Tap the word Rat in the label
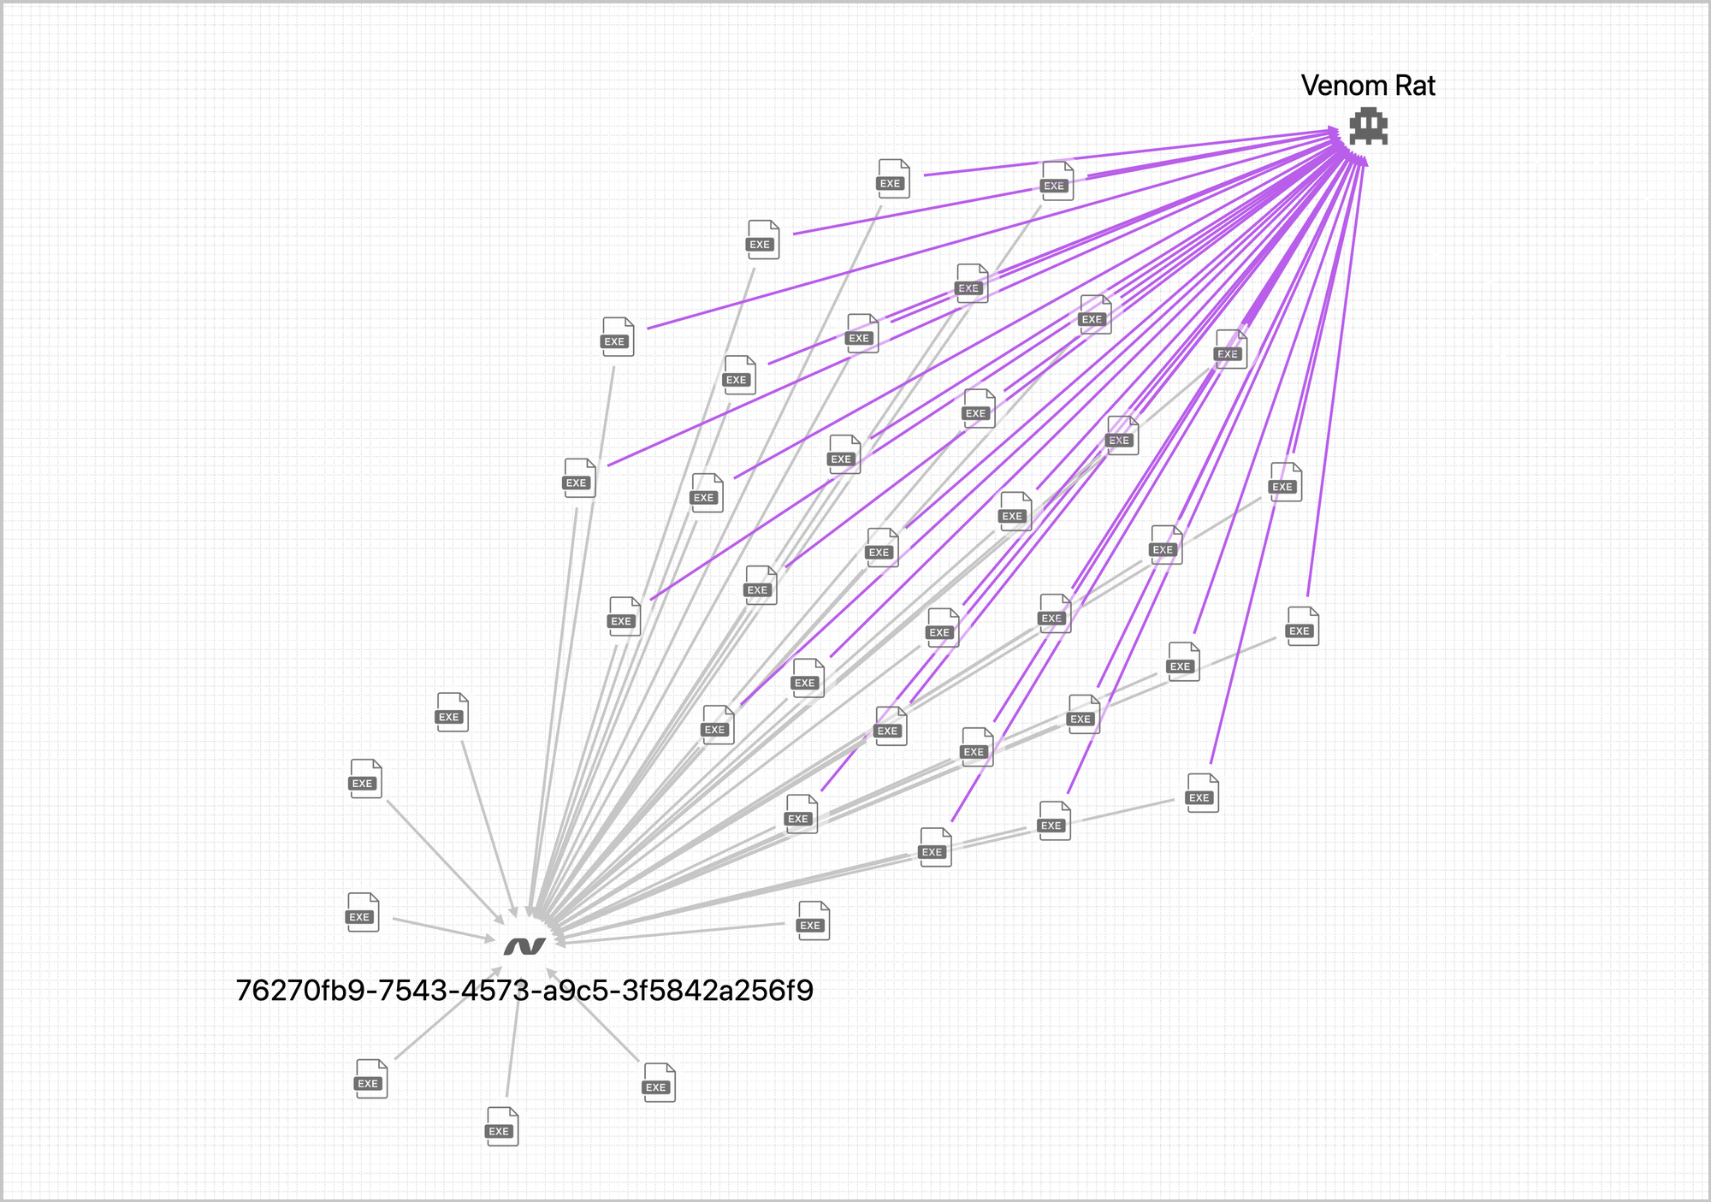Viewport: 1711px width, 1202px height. tap(1415, 86)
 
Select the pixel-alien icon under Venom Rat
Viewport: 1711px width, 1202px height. tap(1368, 126)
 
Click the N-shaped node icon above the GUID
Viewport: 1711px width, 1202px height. tap(524, 945)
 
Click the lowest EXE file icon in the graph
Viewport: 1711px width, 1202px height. tap(502, 1126)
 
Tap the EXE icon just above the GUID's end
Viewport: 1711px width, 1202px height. tap(813, 921)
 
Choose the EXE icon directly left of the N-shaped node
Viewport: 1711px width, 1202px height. tap(363, 912)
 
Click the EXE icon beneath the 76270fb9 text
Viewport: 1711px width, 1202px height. tap(371, 1078)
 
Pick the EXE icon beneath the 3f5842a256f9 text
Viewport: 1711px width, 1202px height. tap(659, 1082)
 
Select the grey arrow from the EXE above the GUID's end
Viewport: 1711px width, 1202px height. tap(676, 934)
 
